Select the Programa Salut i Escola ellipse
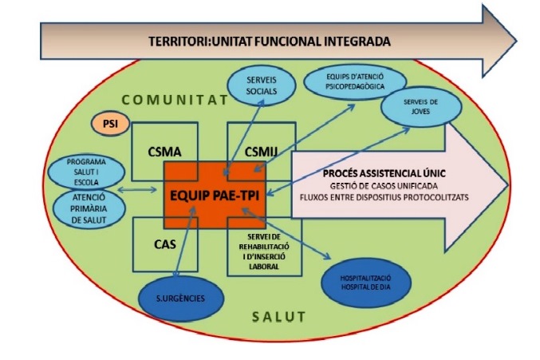pyautogui.click(x=86, y=170)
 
